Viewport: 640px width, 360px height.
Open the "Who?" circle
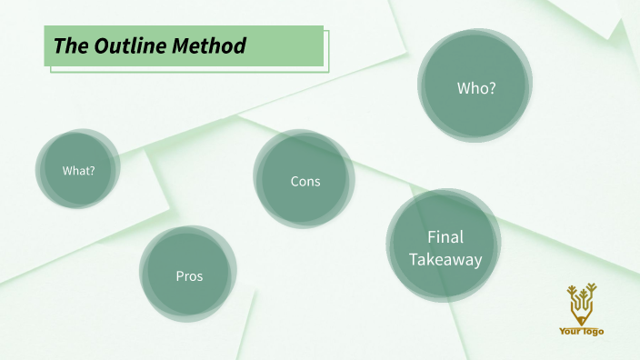point(475,87)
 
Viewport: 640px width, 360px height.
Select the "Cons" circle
point(305,181)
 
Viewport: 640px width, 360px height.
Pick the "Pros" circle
point(188,275)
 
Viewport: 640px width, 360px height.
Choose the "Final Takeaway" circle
point(445,247)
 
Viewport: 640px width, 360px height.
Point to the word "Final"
point(445,237)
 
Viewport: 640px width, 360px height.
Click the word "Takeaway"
point(445,259)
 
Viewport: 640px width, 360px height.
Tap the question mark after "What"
point(92,171)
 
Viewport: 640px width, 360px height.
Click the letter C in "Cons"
point(295,181)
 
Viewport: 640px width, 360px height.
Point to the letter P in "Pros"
point(179,275)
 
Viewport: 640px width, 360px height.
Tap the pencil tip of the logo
point(581,321)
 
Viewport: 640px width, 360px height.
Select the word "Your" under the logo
point(570,332)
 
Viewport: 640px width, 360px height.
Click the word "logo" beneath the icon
point(593,332)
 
